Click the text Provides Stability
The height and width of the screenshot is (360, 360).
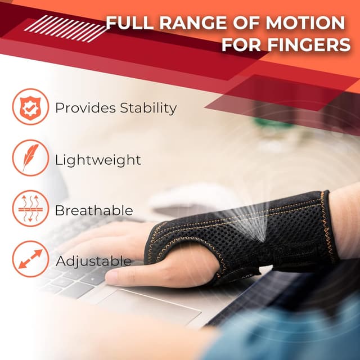click(115, 108)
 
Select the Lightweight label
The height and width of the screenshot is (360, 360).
click(98, 160)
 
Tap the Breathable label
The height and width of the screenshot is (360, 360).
click(94, 211)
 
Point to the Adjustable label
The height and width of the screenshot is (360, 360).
click(93, 261)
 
